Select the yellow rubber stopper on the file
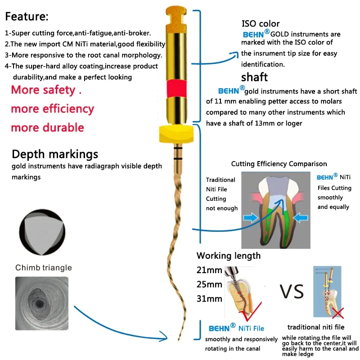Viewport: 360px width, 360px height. [x=176, y=133]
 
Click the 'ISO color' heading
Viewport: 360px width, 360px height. [x=261, y=24]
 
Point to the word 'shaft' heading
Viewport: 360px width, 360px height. [x=255, y=76]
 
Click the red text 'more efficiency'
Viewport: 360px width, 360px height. [x=53, y=109]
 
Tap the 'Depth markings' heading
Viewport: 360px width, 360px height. [x=55, y=154]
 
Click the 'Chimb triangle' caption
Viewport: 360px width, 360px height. [x=44, y=268]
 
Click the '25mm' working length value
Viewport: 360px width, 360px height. [x=209, y=284]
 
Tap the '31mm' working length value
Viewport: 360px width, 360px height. [x=209, y=298]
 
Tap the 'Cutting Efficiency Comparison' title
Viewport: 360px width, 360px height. [x=279, y=164]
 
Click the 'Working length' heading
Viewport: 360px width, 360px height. [x=229, y=256]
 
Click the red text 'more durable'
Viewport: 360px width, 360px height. [x=47, y=128]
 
